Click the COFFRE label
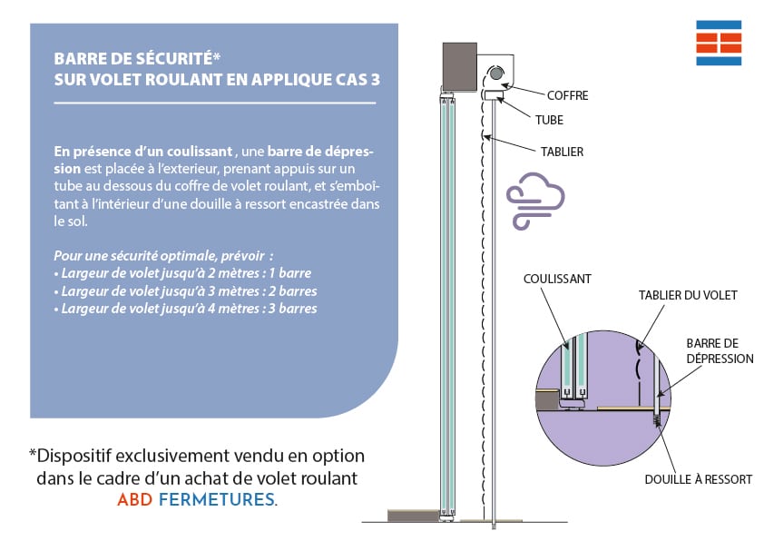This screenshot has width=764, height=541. click(x=568, y=94)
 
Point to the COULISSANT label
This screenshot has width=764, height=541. click(x=557, y=280)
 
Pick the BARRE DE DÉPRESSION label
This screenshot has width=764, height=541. click(x=720, y=351)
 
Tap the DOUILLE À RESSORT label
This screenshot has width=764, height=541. click(x=698, y=478)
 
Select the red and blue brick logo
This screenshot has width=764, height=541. click(x=719, y=42)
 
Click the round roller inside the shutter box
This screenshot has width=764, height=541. click(x=496, y=74)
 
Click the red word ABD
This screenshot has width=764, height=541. click(x=134, y=499)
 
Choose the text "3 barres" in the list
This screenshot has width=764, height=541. click(x=290, y=309)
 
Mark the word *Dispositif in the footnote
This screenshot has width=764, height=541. click(x=73, y=456)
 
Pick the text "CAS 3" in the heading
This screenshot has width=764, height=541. click(x=352, y=79)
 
